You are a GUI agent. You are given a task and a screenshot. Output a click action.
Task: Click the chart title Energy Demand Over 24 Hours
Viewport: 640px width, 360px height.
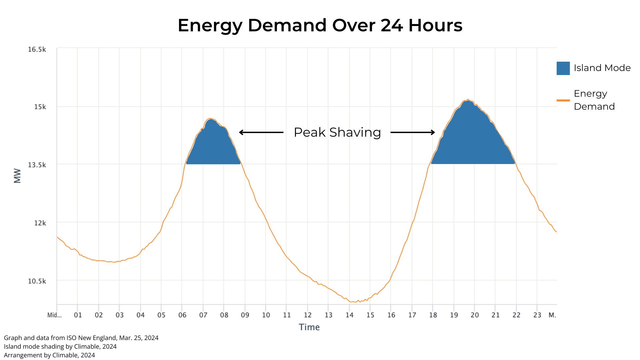(320, 25)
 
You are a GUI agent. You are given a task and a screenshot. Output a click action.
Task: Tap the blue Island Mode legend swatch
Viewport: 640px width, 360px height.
(563, 68)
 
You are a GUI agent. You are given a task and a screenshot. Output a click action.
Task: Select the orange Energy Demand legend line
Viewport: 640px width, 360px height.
(563, 100)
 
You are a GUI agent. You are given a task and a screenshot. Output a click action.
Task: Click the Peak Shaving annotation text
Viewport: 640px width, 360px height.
(337, 132)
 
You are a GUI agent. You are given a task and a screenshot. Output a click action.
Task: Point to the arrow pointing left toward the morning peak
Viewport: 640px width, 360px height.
(261, 132)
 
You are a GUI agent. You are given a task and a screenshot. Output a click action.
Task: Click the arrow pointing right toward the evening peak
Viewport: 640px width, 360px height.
(413, 132)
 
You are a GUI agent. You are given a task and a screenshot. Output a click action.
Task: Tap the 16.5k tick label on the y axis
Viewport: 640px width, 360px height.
(37, 49)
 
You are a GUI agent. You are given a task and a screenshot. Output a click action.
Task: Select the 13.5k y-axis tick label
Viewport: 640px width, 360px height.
(37, 165)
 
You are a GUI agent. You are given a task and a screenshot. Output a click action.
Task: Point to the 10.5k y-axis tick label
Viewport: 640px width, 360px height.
(37, 281)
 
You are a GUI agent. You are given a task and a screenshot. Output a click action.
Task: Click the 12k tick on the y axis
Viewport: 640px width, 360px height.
(40, 223)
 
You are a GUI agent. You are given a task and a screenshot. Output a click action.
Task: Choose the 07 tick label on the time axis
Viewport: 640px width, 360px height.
(203, 315)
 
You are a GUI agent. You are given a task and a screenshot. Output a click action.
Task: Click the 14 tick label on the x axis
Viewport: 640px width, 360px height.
(349, 315)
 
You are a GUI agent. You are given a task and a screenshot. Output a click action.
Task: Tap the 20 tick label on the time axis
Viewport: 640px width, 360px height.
(474, 315)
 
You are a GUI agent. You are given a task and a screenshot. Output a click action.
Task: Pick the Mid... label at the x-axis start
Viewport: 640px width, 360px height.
(54, 315)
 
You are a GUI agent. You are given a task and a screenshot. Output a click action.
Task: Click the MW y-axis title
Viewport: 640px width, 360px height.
(17, 176)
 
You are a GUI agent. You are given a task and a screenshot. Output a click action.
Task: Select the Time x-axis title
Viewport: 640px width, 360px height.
(309, 327)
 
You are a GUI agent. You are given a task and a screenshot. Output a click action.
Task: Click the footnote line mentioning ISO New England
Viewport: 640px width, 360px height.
(81, 338)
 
